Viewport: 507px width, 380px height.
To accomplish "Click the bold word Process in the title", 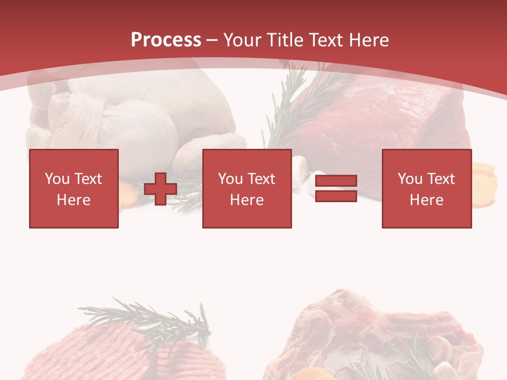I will [166, 40].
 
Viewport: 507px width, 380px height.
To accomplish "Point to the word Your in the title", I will [242, 40].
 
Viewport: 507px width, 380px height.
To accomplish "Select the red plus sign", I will [161, 189].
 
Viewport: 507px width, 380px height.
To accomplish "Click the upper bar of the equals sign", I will [336, 181].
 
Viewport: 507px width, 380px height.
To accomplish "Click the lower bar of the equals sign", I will [336, 196].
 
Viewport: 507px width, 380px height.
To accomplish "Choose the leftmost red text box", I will [74, 188].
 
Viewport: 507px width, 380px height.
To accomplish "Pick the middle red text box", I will [247, 188].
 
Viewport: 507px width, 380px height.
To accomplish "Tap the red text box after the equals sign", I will [427, 188].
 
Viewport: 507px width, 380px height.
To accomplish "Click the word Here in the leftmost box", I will [74, 200].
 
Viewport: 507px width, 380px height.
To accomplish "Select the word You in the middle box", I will [230, 179].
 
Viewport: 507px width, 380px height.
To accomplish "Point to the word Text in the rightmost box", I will [442, 179].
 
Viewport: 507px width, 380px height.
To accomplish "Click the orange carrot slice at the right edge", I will [484, 183].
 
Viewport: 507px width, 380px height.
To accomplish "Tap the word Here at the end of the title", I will [369, 40].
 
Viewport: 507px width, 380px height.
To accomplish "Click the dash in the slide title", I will [212, 40].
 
